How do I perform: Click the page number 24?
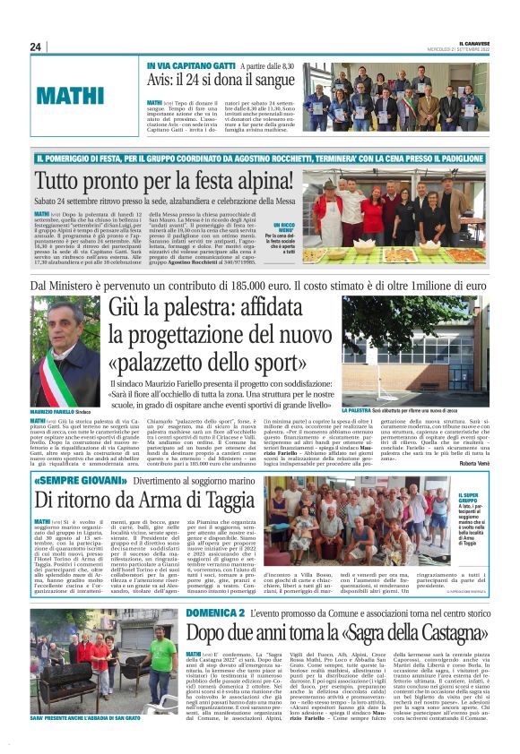tap(37, 47)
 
